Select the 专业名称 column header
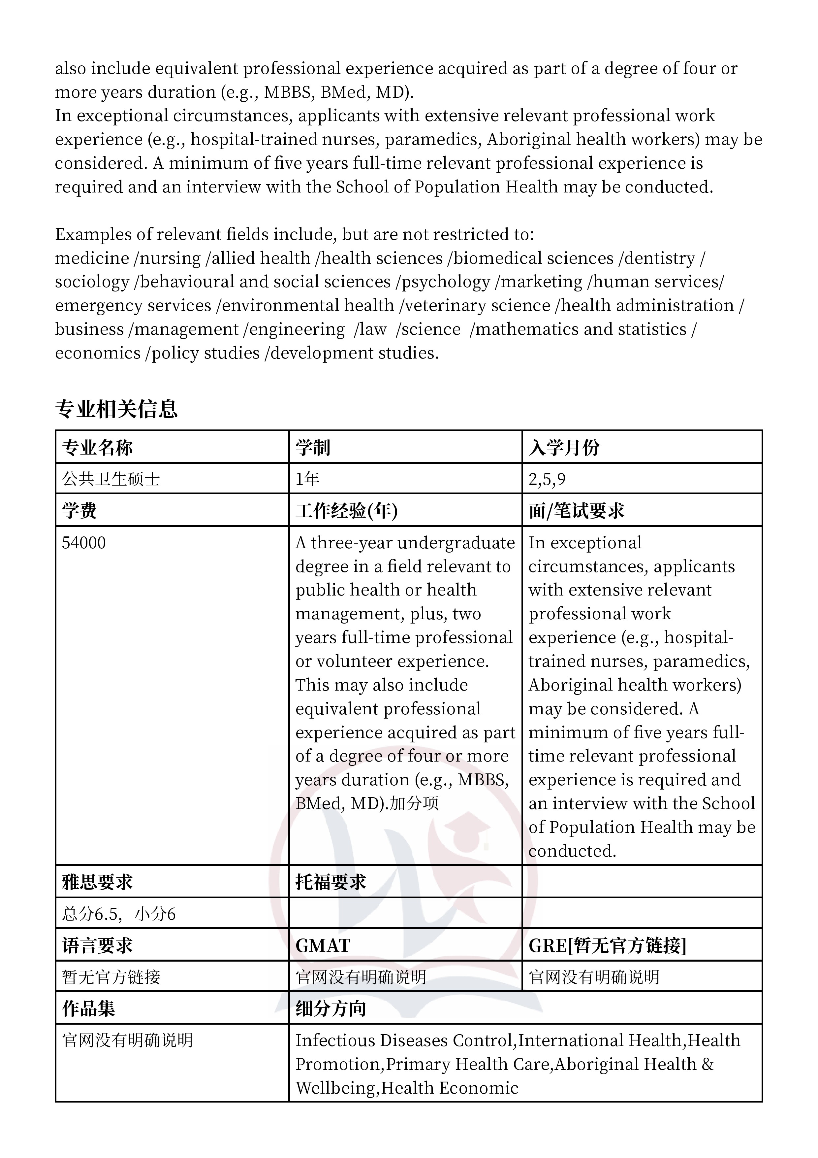click(x=97, y=447)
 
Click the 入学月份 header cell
click(x=564, y=447)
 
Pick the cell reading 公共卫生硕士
click(x=111, y=479)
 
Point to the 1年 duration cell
click(x=307, y=479)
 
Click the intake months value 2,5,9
click(x=547, y=479)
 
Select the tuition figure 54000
click(x=84, y=543)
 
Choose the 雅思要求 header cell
click(x=97, y=882)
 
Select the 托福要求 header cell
click(x=330, y=882)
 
